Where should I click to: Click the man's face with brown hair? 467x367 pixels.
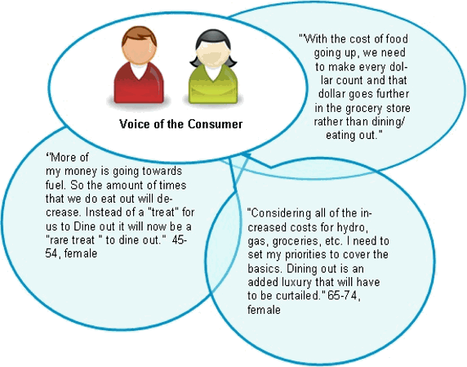pos(139,50)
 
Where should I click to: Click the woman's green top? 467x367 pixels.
pos(213,84)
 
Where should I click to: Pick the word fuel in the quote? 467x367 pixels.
pos(55,185)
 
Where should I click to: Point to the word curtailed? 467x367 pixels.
pos(300,296)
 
